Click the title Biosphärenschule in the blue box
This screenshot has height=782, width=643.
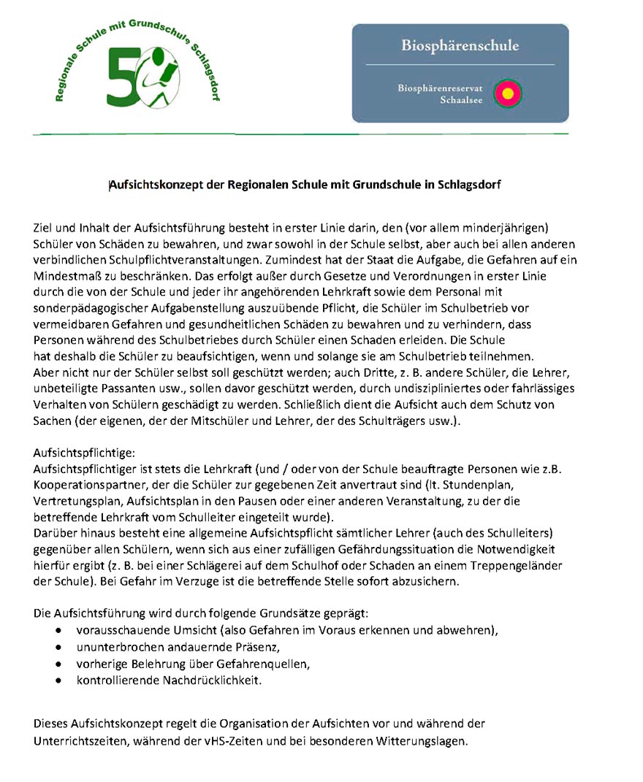[460, 46]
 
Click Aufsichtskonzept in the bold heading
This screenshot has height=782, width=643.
[156, 185]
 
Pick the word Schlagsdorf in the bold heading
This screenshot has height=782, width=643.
[468, 185]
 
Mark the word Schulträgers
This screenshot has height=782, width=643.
[396, 421]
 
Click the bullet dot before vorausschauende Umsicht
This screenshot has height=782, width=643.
[58, 630]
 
